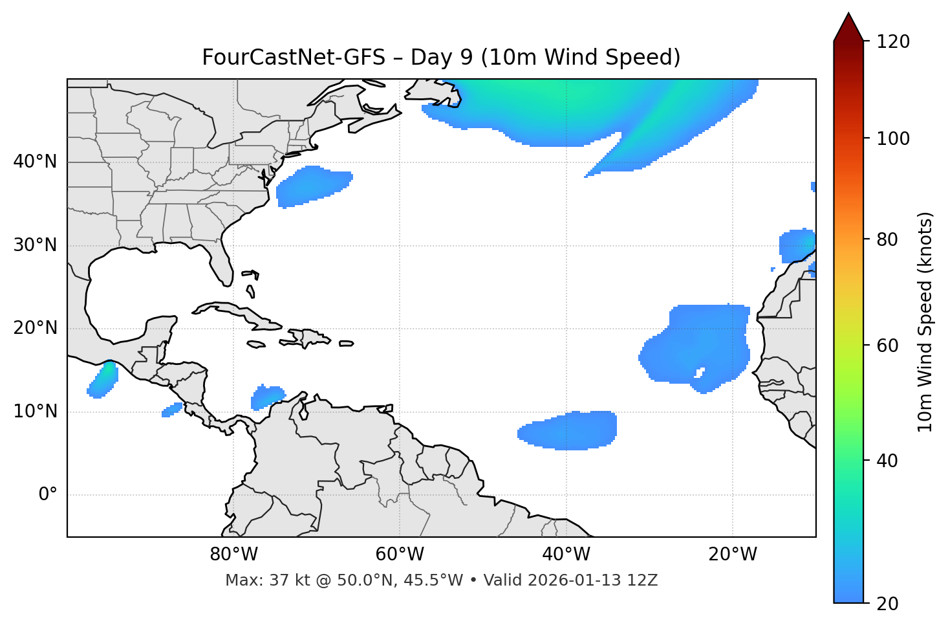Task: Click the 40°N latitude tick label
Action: pos(35,162)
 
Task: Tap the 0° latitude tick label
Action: pos(48,495)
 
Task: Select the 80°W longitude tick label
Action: pos(233,555)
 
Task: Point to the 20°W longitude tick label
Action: pos(733,555)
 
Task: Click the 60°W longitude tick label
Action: pos(400,555)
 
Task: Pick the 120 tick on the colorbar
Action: pos(893,42)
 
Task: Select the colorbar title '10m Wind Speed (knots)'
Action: pos(925,322)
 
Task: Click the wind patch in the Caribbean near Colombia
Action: pos(266,397)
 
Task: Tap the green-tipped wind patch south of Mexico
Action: pos(102,380)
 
